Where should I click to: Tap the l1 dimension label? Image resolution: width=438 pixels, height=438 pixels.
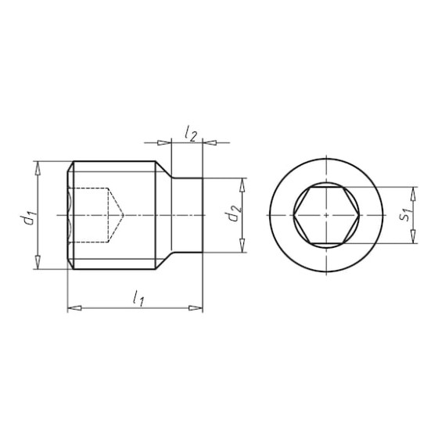point(138,298)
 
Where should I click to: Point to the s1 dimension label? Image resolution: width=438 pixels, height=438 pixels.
point(406,214)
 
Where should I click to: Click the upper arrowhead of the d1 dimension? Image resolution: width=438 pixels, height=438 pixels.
point(38,168)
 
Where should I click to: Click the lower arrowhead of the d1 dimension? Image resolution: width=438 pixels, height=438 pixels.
point(38,262)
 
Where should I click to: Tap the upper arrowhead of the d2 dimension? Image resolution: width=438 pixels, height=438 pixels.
point(242,185)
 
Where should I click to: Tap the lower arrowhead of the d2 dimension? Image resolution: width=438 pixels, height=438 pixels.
point(242,246)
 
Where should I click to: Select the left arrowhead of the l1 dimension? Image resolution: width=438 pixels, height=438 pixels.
point(74,308)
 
